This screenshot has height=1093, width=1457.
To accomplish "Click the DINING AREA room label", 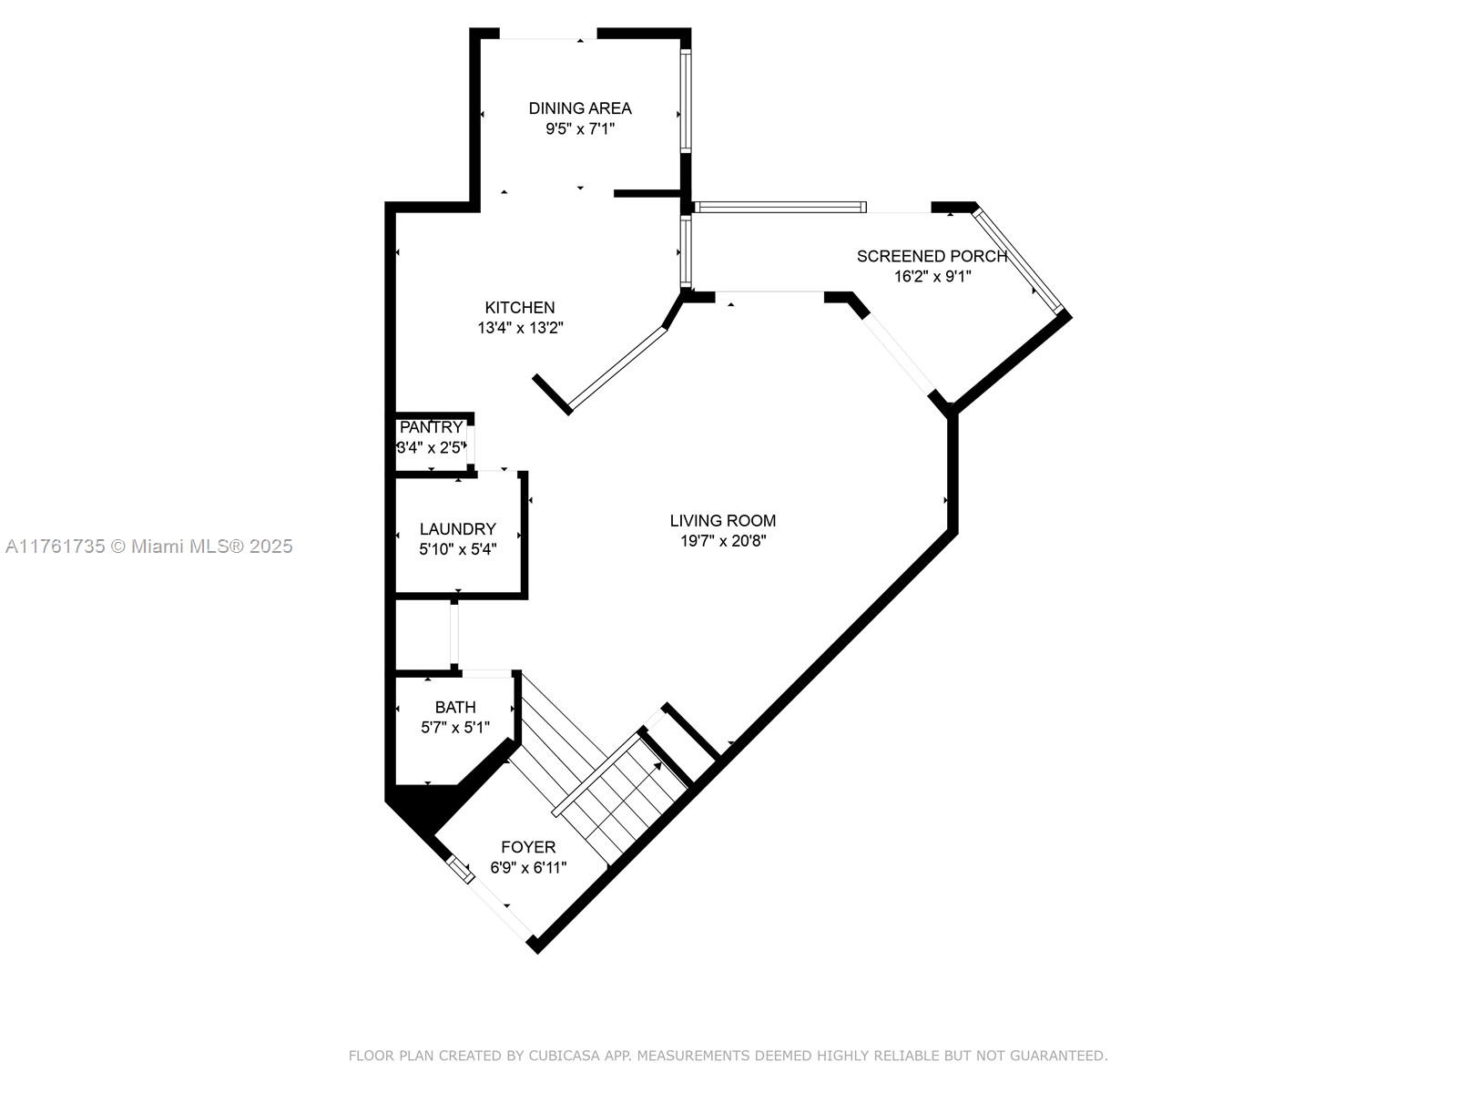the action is (579, 108).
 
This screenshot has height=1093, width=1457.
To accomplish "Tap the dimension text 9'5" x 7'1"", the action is (580, 128).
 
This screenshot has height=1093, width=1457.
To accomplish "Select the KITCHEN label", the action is (520, 307).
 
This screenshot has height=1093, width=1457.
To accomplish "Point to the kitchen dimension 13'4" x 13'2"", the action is (520, 328).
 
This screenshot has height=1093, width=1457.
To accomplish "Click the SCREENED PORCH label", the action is (932, 256).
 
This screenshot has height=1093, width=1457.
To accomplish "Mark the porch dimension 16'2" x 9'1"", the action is (932, 277).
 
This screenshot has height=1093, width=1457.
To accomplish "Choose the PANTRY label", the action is (431, 427).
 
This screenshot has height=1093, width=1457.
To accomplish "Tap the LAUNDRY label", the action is (457, 529).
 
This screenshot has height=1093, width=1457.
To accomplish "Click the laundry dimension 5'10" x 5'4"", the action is (457, 549).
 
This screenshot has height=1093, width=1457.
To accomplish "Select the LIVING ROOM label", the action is (723, 520).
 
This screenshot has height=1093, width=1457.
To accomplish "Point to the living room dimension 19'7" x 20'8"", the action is (723, 541).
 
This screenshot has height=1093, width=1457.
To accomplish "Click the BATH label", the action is (455, 708).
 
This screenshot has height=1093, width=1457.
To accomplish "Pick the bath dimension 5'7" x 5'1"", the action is (455, 728).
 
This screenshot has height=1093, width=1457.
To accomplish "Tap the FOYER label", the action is (528, 847).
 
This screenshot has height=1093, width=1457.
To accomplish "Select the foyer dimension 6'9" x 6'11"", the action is (528, 867).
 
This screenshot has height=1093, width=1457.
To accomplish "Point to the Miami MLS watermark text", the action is (149, 546).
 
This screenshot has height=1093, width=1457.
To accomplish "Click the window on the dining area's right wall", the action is (687, 100).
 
